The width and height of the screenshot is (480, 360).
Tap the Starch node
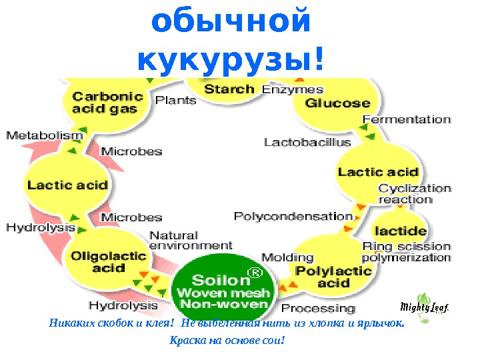coord(229,89)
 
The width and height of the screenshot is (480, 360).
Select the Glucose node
coord(337,103)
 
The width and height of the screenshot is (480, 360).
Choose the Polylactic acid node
coord(333,276)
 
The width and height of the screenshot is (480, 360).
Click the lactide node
coord(400,231)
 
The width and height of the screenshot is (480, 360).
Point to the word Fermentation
coord(406,119)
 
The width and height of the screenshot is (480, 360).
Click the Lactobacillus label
coord(307,142)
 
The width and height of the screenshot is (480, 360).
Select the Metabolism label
coord(45,135)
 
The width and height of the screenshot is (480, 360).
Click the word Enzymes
coord(293,89)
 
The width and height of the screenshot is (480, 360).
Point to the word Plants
coord(176,100)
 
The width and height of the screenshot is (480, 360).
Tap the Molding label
coord(287,257)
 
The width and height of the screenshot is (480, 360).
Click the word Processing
coord(318,309)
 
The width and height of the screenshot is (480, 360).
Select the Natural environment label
coord(190,241)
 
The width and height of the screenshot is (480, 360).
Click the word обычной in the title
coord(231,21)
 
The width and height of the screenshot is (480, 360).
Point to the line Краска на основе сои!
coord(227,341)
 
